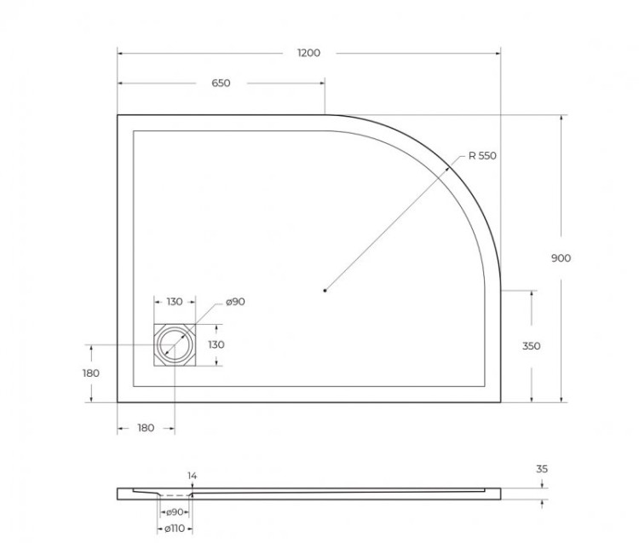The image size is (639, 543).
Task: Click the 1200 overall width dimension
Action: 308,53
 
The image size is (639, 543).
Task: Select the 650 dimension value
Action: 220,84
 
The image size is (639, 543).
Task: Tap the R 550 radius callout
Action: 481,156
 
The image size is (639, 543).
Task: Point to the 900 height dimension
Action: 561,258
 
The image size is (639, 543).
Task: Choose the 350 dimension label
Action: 531,346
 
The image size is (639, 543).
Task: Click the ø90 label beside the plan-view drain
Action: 236,303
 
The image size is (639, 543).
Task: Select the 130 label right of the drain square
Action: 216,345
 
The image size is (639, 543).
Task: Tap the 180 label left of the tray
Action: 91,373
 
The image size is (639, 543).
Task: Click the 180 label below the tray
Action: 146,428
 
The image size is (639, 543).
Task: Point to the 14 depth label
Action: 192,475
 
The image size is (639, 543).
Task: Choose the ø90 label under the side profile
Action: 174,511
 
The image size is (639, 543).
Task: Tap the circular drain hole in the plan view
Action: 174,344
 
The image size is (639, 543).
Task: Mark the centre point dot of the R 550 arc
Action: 325,292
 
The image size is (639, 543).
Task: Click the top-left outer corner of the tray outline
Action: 118,115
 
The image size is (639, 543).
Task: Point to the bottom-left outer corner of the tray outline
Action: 118,402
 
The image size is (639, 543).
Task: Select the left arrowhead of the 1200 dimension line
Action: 120,53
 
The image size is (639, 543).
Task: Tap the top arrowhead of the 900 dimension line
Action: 561,118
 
